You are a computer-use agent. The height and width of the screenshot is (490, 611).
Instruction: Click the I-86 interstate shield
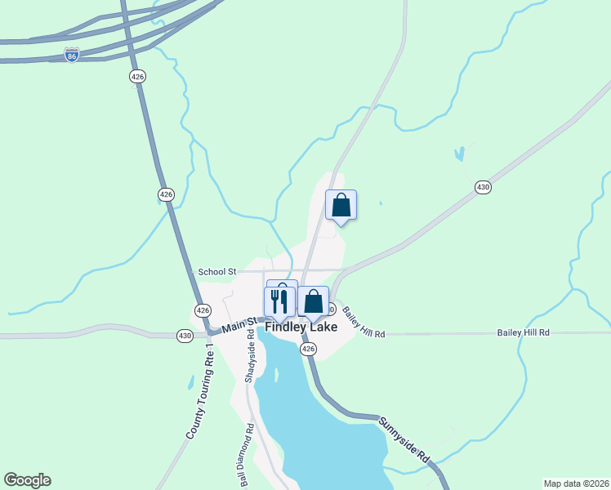pyautogui.click(x=72, y=56)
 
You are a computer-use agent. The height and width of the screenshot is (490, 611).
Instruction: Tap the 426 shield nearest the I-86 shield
pyautogui.click(x=137, y=76)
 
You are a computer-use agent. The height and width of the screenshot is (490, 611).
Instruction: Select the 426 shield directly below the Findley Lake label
pyautogui.click(x=308, y=349)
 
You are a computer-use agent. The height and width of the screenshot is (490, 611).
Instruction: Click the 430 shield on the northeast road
pyautogui.click(x=483, y=188)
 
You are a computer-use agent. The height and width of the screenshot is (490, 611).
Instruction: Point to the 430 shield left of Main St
pyautogui.click(x=185, y=335)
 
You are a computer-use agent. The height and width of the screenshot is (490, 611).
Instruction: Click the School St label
pyautogui.click(x=217, y=271)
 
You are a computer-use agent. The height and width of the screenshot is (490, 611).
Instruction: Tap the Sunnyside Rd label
pyautogui.click(x=404, y=440)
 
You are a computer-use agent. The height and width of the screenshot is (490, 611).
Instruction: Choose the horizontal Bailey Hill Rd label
pyautogui.click(x=524, y=333)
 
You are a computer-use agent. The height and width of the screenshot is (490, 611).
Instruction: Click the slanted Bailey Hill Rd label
pyautogui.click(x=363, y=323)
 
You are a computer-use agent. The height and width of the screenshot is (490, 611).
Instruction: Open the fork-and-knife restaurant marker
pyautogui.click(x=279, y=301)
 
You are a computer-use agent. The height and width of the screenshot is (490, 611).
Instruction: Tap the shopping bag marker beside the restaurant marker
pyautogui.click(x=313, y=301)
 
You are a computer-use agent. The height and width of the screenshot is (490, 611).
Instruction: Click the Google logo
pyautogui.click(x=27, y=480)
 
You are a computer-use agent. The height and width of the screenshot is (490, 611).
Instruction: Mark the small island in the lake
pyautogui.click(x=276, y=376)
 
